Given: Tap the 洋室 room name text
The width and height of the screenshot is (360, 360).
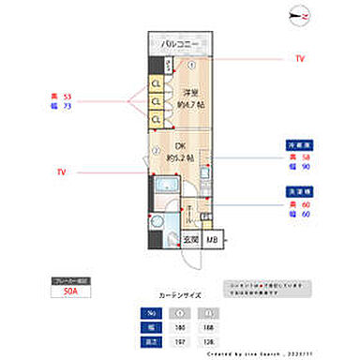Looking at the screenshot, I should coord(190,92).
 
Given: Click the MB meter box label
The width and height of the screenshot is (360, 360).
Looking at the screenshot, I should coord(214,239).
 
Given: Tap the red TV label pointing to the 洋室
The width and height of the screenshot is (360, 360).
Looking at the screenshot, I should coord(300,58).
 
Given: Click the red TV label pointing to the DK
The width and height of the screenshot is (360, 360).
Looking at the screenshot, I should coord(61,172).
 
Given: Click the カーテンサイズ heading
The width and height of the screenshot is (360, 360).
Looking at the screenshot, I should coord(180,293).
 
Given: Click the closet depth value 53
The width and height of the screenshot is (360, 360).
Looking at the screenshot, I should coord(68,96).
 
